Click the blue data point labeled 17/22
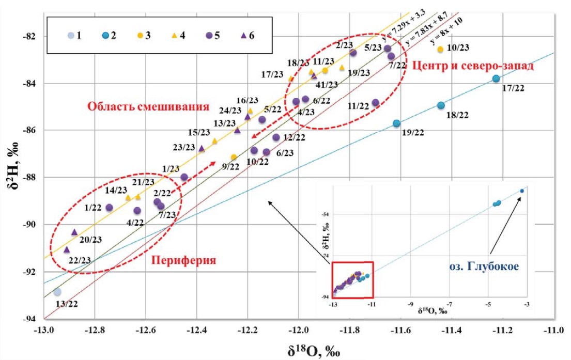pos(496,79)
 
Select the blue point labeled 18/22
pos(441,105)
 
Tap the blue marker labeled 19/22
pos(396,123)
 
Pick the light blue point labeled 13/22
pos(57,292)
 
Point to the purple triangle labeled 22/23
pos(67,250)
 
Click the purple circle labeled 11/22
pos(376,103)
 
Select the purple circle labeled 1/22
pos(109,208)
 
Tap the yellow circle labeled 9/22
pos(234,157)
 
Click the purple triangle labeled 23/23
pos(202,149)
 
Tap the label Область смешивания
pos(148,107)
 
